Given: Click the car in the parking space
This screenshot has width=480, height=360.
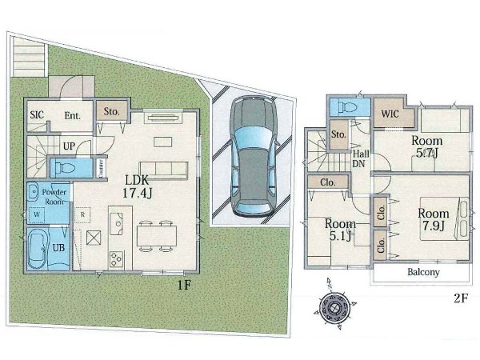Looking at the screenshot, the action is coord(254,156).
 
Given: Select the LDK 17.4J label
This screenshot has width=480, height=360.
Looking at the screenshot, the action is coord(137,186).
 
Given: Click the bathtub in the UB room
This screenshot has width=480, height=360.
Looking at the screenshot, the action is coord(38,249).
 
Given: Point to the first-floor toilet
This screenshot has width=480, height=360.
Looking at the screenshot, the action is coord(65,168).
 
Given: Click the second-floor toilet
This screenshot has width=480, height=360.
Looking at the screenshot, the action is coord(349,107).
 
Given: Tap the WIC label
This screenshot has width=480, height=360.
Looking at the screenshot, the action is coord(390,114).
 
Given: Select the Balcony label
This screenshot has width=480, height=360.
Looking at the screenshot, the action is coord(423,272).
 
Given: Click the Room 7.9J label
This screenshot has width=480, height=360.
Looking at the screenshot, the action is coord(434,219).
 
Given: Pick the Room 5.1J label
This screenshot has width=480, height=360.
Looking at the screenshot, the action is coord(339,230).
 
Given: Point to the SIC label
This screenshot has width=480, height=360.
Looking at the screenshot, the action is coord(37,114).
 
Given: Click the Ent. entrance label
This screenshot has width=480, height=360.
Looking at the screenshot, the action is coord(73,116).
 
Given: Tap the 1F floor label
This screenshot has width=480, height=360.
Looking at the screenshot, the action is coord(185,286).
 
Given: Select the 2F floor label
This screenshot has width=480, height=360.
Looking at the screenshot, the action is coord(461,298).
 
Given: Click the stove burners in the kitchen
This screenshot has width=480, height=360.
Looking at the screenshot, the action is coord(117,259).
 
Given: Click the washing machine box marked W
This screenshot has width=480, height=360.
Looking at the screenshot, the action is coord(37,215).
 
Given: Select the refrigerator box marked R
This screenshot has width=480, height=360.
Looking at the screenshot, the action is coord(82,214).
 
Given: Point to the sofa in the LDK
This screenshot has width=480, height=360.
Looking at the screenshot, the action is coord(163,170).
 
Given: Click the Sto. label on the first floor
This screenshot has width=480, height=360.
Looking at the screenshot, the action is coord(111,111).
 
